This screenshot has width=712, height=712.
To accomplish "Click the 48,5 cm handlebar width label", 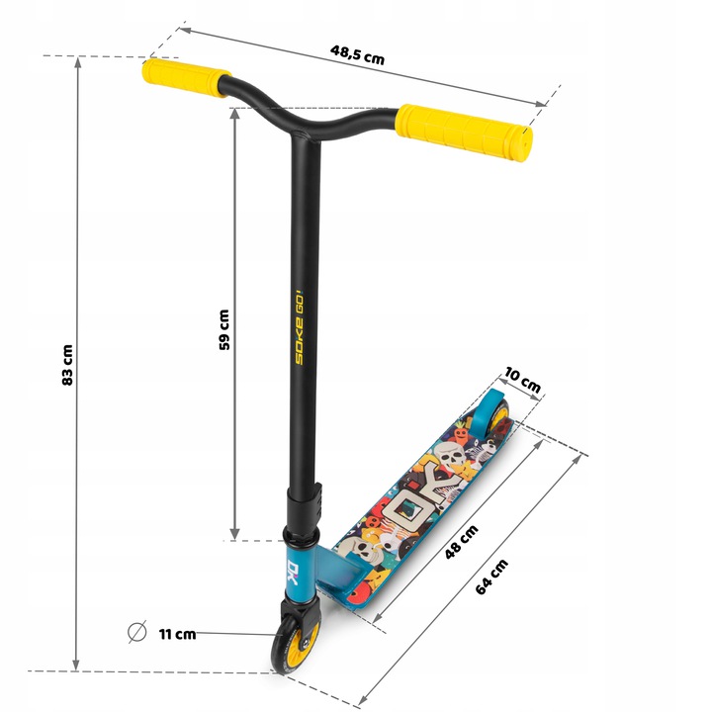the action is (357, 54).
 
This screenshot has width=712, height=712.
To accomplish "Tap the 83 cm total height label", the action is (67, 365).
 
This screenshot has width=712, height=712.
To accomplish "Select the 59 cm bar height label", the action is (224, 329).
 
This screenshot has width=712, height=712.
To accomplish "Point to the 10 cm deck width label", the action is (523, 380).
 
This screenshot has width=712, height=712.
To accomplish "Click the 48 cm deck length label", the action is (462, 542).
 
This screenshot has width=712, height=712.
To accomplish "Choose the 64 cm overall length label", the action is (491, 578).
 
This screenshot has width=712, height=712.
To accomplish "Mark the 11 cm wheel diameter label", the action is (178, 634).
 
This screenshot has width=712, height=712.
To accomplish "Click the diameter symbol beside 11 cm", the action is (137, 632).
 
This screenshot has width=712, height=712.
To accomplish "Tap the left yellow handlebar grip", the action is (186, 78).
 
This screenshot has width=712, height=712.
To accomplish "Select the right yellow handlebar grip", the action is (464, 133).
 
